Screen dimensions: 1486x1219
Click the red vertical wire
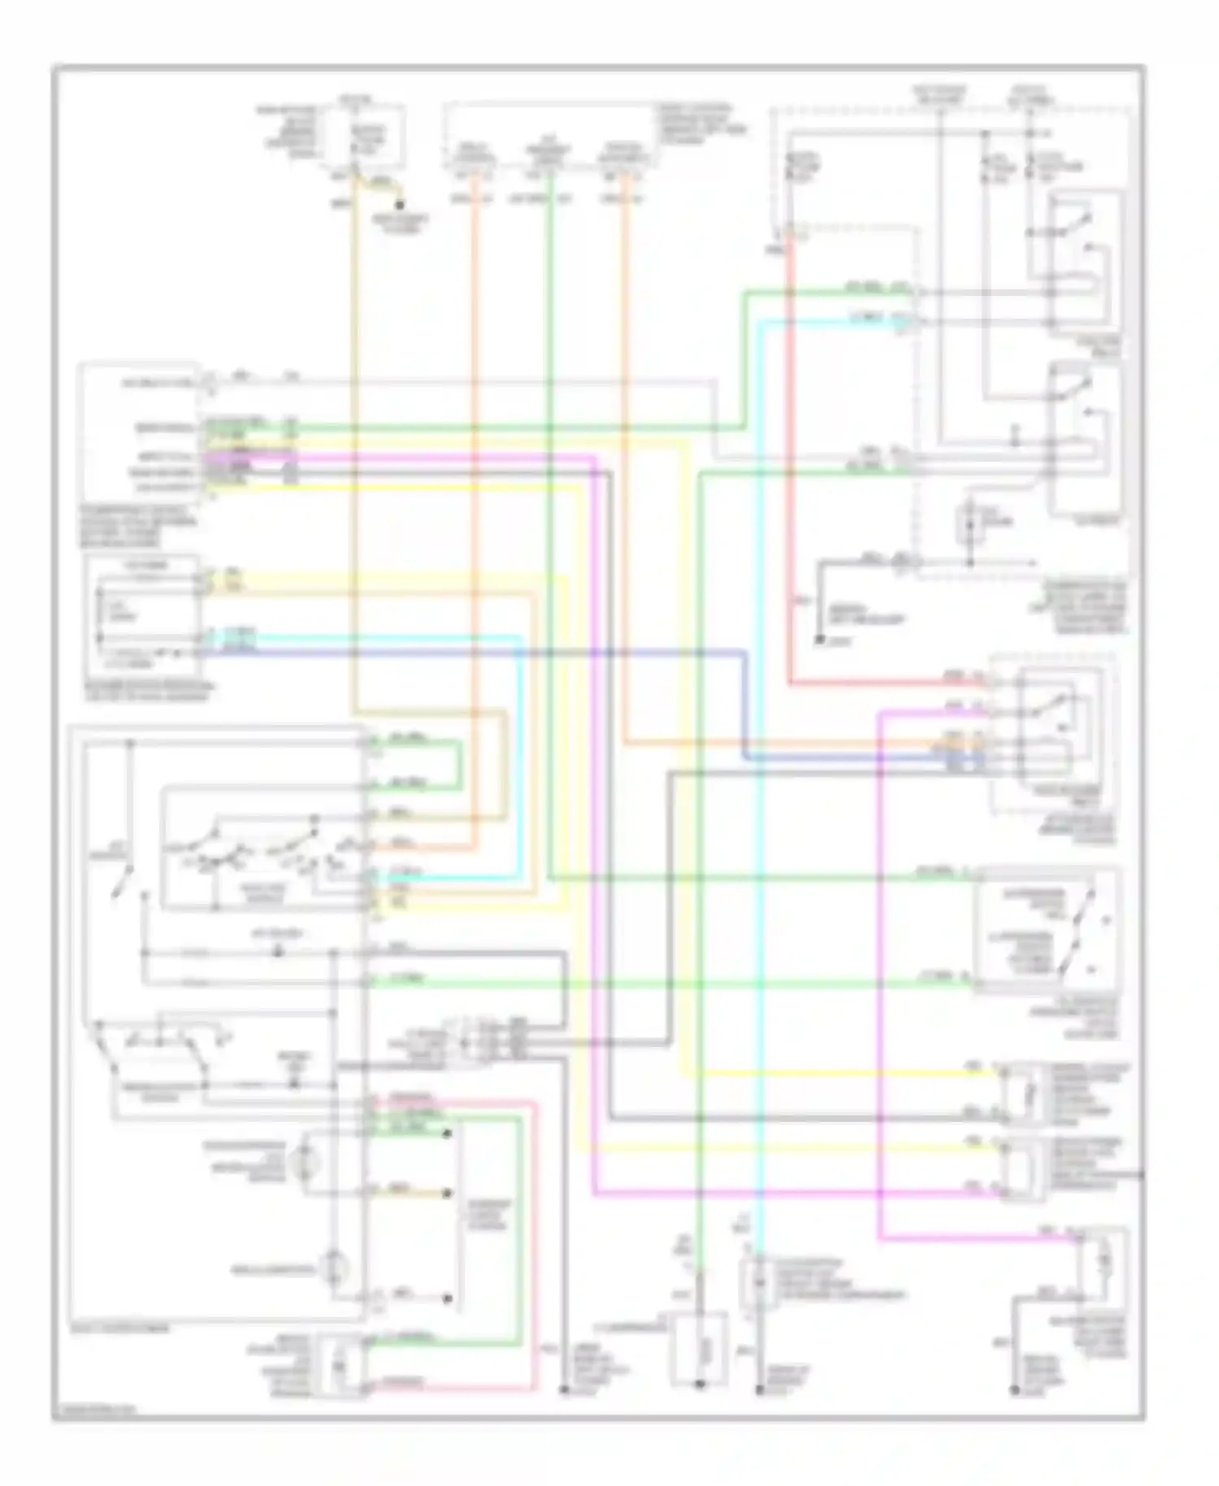[x=789, y=488]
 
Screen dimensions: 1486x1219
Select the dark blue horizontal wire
[x=488, y=651]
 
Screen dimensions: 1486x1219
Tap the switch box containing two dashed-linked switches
[x=1048, y=932]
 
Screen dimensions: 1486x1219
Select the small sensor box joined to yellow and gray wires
[x=1019, y=1094]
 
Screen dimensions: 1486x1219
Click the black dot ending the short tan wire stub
[x=446, y=1193]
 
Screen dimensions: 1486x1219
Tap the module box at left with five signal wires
[x=138, y=431]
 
